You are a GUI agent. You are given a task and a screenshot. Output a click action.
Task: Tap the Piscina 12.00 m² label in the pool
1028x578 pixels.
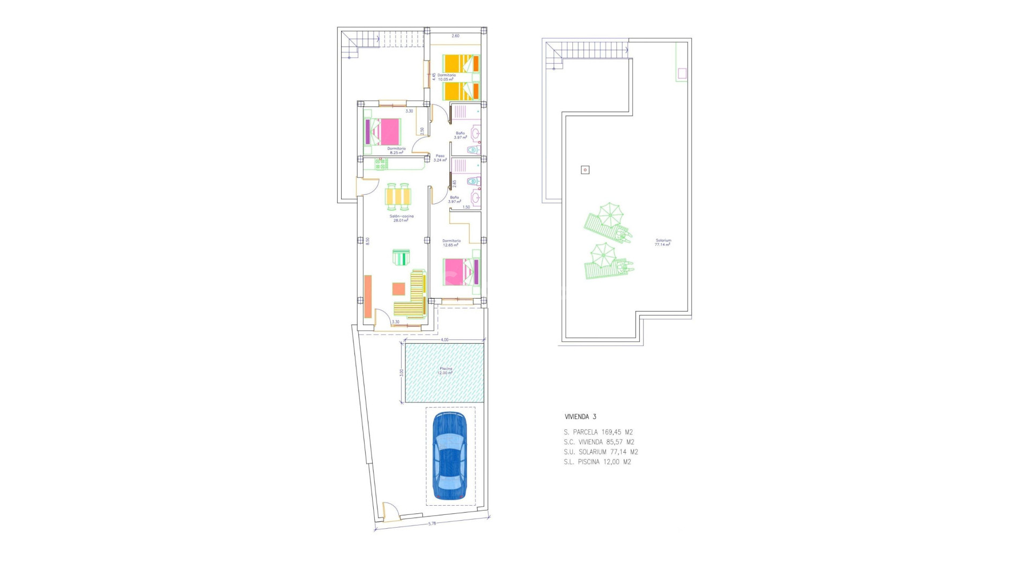coord(445,370)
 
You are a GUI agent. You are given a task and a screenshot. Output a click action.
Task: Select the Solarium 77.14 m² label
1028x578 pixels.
coord(663,242)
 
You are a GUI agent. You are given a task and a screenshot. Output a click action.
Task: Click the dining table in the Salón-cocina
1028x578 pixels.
coord(398,196)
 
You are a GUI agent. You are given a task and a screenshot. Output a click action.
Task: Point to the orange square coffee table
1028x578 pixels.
coord(398,289)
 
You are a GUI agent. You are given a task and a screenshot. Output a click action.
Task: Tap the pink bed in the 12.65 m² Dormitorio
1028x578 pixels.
coord(460,272)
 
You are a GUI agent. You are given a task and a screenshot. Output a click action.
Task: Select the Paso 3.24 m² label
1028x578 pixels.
coord(440,158)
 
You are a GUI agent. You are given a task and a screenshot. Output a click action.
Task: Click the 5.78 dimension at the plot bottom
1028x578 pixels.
coord(432,523)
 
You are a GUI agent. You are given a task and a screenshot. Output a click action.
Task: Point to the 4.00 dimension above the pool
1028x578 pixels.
coord(444,340)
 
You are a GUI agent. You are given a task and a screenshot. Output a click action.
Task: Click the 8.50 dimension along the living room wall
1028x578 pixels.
coord(367,241)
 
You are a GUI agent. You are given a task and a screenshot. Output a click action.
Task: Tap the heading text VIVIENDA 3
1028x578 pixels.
coord(580,416)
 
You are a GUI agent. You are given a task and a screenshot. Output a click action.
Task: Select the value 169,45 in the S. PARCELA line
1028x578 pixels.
coord(611,432)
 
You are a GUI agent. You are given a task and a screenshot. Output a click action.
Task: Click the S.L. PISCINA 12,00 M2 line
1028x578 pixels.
coord(597,462)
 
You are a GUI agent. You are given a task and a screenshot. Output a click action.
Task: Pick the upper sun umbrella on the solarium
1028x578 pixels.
coord(610,215)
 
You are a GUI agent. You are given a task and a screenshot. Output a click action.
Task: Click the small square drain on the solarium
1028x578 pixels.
coord(585,170)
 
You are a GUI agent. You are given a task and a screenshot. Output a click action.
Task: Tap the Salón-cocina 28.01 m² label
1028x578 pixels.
coord(401,218)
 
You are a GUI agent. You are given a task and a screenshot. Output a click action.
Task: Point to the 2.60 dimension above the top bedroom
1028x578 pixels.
coord(455,36)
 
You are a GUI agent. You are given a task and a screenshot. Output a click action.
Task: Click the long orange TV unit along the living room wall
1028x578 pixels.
coord(368,296)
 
